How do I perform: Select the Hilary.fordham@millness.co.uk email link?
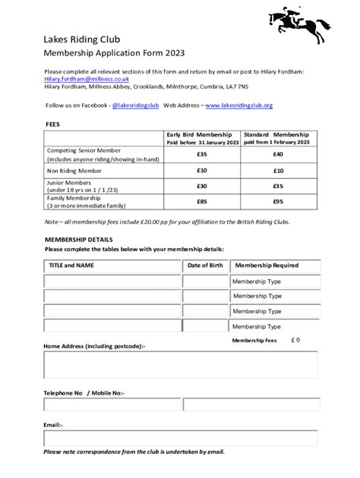click(x=86, y=79)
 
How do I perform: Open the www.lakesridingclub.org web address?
click(x=238, y=105)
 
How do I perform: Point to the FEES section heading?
click(x=53, y=122)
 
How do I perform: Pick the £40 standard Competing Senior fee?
click(x=278, y=154)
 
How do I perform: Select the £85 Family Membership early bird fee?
click(x=201, y=201)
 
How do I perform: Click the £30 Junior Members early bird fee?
click(x=201, y=185)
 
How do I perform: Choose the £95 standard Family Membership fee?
click(x=278, y=201)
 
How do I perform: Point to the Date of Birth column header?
click(x=205, y=266)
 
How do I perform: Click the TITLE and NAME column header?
click(x=71, y=266)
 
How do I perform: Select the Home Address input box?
click(x=181, y=365)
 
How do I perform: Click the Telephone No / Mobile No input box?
click(x=181, y=410)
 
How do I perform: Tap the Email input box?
click(x=181, y=439)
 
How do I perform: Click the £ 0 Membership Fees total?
click(x=295, y=340)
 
